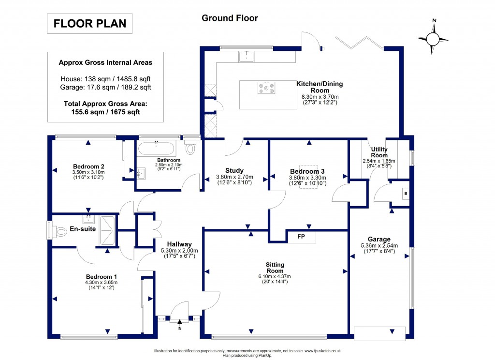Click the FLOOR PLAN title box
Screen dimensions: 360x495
(x=89, y=23)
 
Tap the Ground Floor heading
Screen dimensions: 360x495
(x=230, y=18)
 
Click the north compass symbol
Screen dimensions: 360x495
(x=434, y=39)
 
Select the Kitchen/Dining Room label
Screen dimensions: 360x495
(x=320, y=87)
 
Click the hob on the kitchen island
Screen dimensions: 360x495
(x=266, y=88)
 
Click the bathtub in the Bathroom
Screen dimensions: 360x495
(x=156, y=148)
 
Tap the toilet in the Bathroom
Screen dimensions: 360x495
(x=190, y=148)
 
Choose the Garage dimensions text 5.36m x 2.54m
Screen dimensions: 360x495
(x=379, y=245)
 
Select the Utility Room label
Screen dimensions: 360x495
(x=379, y=152)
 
